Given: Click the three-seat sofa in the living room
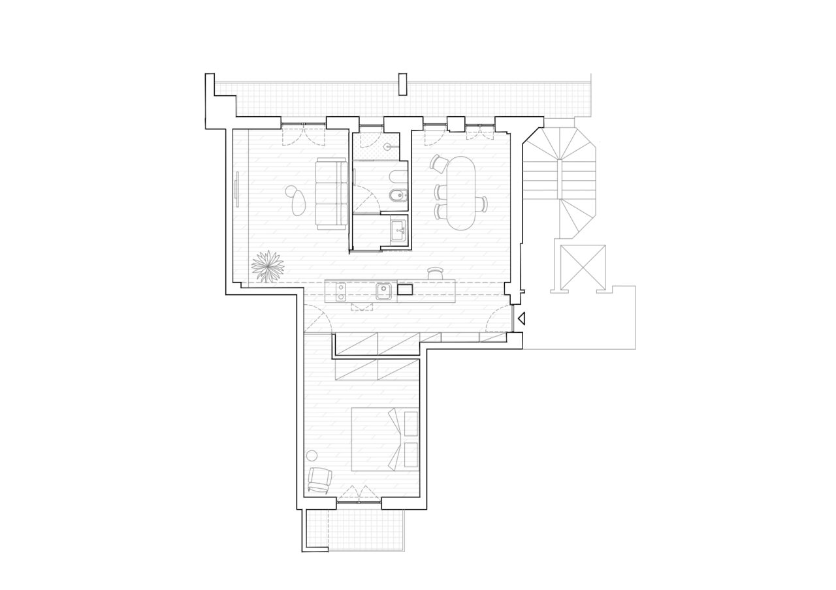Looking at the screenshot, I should point(331,193).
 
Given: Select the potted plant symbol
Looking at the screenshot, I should point(268,266).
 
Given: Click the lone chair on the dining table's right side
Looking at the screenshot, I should point(483,204).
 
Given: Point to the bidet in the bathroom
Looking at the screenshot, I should point(400,196).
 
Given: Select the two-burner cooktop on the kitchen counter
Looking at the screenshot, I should point(340,292).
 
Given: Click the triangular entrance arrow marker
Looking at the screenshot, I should point(521,318).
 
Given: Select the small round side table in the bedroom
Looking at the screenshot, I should point(312,456).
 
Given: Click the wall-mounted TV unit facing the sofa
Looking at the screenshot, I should point(236,189).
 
